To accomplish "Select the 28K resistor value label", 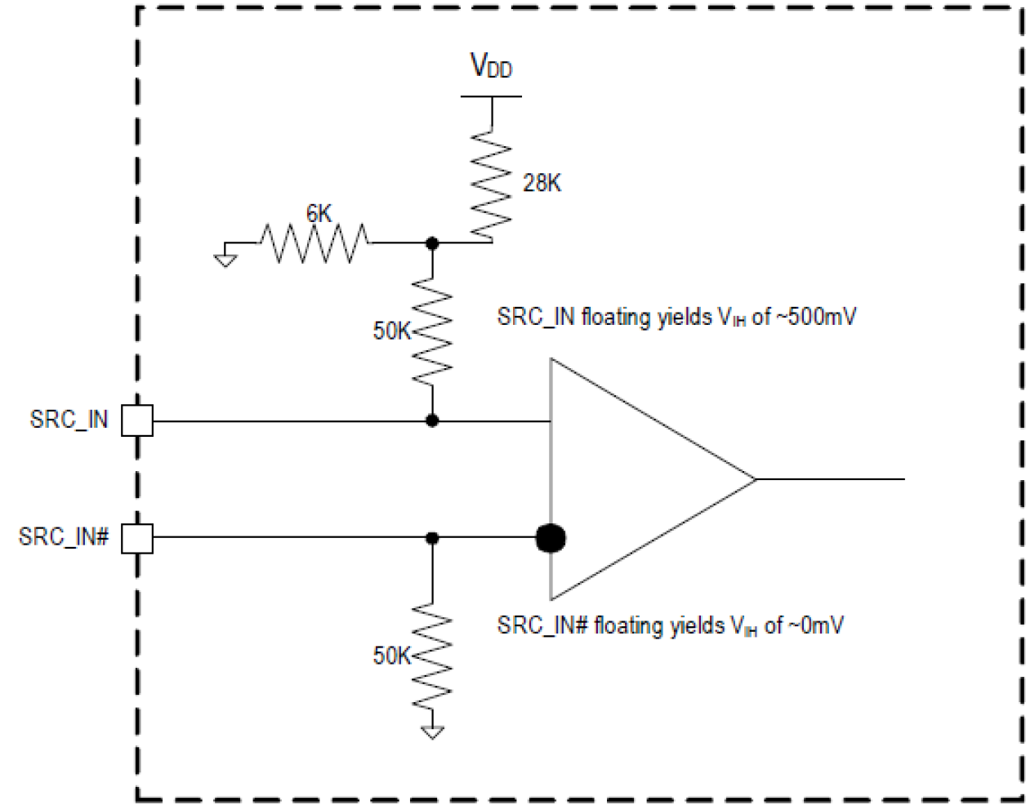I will pyautogui.click(x=541, y=184).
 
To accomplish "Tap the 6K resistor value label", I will pyautogui.click(x=319, y=214).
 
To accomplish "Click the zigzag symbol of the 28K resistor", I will pyautogui.click(x=491, y=184).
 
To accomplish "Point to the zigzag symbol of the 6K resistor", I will pyautogui.click(x=314, y=242).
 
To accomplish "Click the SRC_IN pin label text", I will pyautogui.click(x=69, y=420).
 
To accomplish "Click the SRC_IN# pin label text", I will pyautogui.click(x=64, y=538).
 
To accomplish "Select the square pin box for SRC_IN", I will pyautogui.click(x=137, y=421).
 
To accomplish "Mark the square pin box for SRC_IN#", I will pyautogui.click(x=137, y=538).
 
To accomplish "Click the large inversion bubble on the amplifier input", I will pyautogui.click(x=551, y=538).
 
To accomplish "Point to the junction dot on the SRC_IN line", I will pyautogui.click(x=433, y=421).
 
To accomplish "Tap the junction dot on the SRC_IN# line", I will pyautogui.click(x=433, y=538).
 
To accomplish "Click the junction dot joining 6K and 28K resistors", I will pyautogui.click(x=433, y=242).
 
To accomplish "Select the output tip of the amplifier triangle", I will pyautogui.click(x=755, y=479).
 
